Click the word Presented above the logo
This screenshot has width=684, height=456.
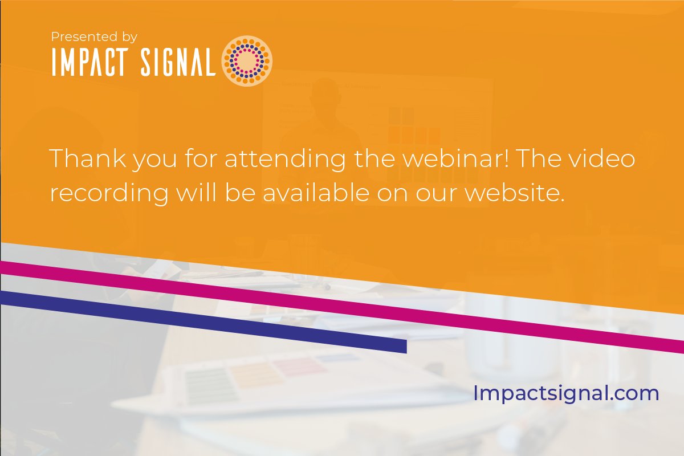tap(80, 37)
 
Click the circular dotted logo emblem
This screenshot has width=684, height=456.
tap(247, 61)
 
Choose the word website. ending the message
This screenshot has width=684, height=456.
tap(514, 193)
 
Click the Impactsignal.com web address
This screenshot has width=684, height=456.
tap(566, 393)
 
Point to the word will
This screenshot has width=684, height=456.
tap(194, 193)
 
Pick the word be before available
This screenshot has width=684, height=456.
tap(241, 193)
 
